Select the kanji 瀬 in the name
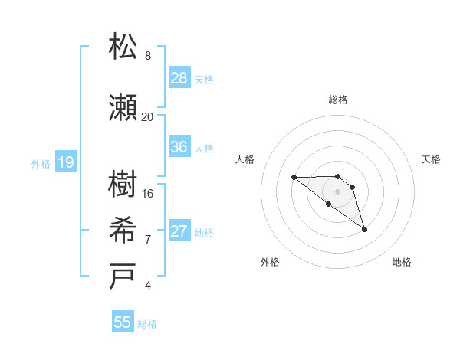[123, 108]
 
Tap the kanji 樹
[123, 185]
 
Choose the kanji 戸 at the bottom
[123, 277]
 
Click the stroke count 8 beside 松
[147, 56]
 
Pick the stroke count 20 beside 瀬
[147, 117]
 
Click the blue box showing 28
[179, 78]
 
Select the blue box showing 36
[179, 147]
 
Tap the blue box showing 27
[179, 231]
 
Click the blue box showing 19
[65, 162]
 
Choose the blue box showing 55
[123, 322]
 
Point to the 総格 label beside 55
[147, 324]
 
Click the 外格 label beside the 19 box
[41, 163]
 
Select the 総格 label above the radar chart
[338, 100]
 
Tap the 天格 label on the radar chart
[432, 159]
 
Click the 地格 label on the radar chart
[402, 262]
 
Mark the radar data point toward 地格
[364, 229]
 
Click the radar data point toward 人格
[294, 178]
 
